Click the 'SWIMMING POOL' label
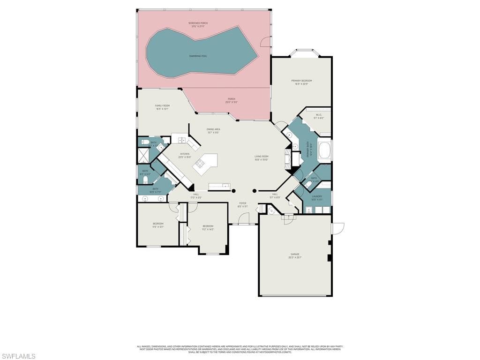tap(198, 56)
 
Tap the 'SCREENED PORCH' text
tap(198, 23)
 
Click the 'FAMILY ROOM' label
tap(163, 106)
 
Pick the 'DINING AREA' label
tap(213, 129)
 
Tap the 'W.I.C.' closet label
tap(318, 115)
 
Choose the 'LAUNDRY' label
tap(317, 196)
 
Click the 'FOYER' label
tap(242, 203)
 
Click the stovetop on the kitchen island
tap(201, 163)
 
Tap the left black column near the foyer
tap(233, 191)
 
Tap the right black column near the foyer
tap(255, 191)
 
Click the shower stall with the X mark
tap(142, 155)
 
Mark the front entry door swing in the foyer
tap(244, 218)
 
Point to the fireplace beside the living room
tap(288, 158)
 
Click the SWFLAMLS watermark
tap(18, 356)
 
